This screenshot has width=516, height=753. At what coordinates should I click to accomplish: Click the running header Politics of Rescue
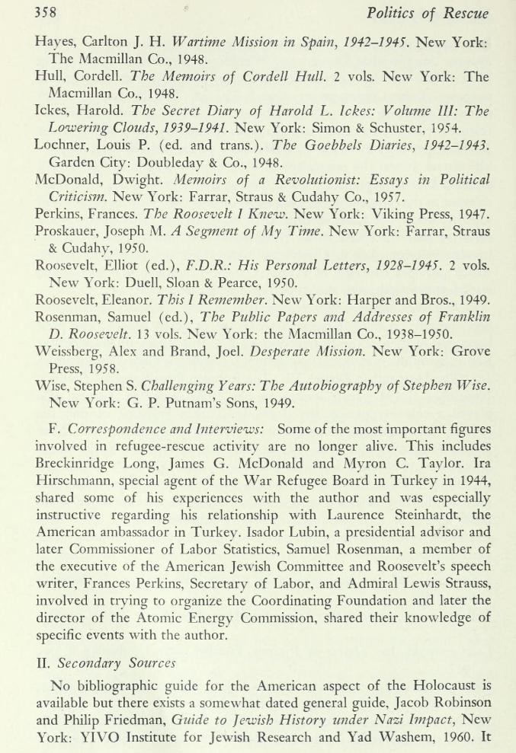click(428, 13)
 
